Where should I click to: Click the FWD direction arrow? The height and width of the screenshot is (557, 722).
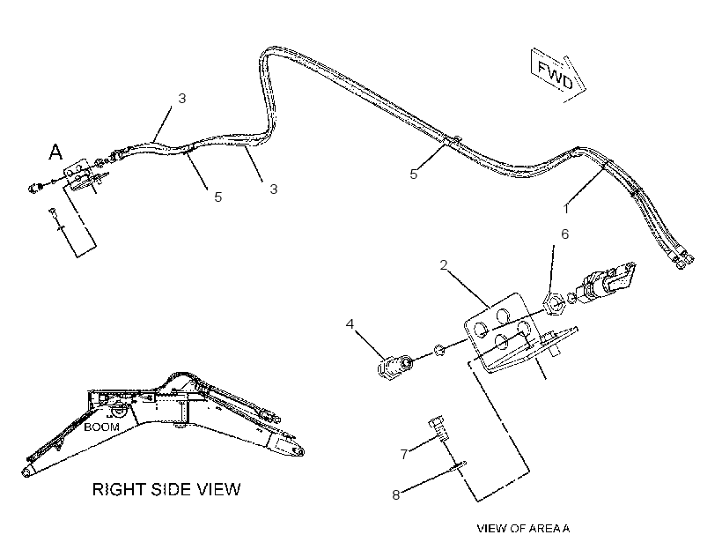pyautogui.click(x=558, y=74)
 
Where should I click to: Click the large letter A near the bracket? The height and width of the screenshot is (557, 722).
pyautogui.click(x=55, y=152)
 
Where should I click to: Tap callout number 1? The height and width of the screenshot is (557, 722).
pyautogui.click(x=566, y=209)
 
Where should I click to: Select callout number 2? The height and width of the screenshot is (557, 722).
pyautogui.click(x=444, y=265)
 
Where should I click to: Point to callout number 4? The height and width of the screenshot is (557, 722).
pyautogui.click(x=350, y=324)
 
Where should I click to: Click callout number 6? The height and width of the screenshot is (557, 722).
pyautogui.click(x=564, y=234)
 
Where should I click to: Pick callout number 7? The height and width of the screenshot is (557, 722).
pyautogui.click(x=404, y=455)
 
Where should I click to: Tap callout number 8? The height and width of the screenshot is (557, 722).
pyautogui.click(x=395, y=494)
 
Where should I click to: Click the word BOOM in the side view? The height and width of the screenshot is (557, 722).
pyautogui.click(x=101, y=427)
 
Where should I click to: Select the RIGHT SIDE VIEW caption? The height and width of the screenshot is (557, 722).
pyautogui.click(x=166, y=489)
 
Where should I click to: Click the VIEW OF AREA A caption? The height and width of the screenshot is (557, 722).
pyautogui.click(x=523, y=529)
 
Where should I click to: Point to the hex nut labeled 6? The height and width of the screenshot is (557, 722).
pyautogui.click(x=554, y=305)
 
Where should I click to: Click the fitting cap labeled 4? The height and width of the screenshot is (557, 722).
pyautogui.click(x=394, y=367)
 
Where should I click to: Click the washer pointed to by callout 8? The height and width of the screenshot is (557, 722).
pyautogui.click(x=456, y=466)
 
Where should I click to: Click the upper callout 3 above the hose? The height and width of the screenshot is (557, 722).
pyautogui.click(x=182, y=99)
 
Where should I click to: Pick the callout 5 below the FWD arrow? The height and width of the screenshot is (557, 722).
pyautogui.click(x=413, y=175)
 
